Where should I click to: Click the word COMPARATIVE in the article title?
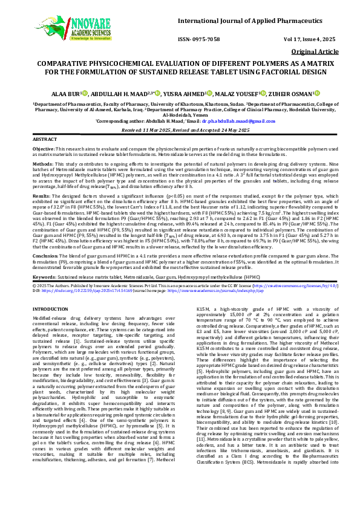(x=67, y=63)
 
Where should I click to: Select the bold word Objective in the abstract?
(x=43, y=148)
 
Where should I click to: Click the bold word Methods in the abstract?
(x=42, y=163)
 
